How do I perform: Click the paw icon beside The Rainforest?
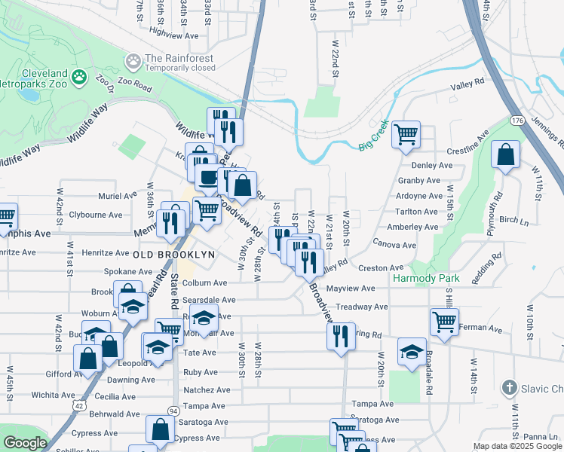point(133,60)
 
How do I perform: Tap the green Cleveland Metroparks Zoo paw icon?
point(78,76)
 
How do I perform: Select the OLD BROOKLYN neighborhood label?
point(174,255)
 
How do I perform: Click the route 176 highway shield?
point(516,120)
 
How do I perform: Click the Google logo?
point(24,443)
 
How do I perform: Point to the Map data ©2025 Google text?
point(516,446)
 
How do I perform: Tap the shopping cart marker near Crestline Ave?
point(406,135)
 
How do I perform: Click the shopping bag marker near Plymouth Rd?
point(505,155)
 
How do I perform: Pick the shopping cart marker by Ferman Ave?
point(444,322)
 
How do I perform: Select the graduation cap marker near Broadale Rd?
point(412,352)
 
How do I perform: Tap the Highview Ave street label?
point(174,35)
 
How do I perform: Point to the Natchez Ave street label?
point(207,390)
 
